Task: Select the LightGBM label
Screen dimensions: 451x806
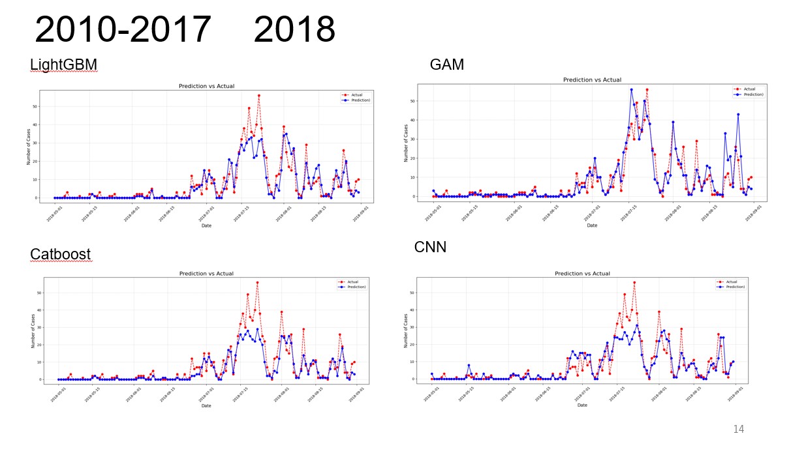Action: pyautogui.click(x=63, y=65)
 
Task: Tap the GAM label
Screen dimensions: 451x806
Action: pyautogui.click(x=446, y=65)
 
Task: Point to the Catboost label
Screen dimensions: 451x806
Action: pyautogui.click(x=60, y=254)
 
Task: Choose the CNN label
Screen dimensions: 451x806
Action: pyautogui.click(x=430, y=248)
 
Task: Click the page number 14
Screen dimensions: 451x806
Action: pyautogui.click(x=738, y=429)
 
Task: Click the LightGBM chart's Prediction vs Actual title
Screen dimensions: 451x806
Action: pyautogui.click(x=206, y=86)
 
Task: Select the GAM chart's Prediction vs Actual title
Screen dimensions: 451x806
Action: pyautogui.click(x=592, y=80)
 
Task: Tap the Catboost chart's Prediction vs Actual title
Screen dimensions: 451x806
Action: pyautogui.click(x=206, y=274)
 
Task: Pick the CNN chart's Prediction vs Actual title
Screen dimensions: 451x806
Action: pyautogui.click(x=582, y=274)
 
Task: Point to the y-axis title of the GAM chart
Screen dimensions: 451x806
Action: pyautogui.click(x=405, y=142)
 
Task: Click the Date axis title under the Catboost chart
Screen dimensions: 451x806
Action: pyautogui.click(x=206, y=405)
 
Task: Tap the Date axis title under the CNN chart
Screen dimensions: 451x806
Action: pyautogui.click(x=582, y=405)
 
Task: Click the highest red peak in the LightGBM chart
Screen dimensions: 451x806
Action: pyautogui.click(x=258, y=95)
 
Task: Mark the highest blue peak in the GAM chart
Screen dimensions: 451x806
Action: pyautogui.click(x=631, y=89)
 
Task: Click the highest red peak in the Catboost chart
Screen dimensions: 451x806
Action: pyautogui.click(x=257, y=283)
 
